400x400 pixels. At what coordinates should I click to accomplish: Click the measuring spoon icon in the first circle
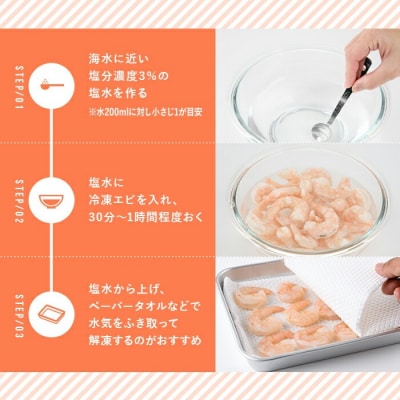click(50, 80)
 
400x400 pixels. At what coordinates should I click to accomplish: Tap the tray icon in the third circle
click(50, 310)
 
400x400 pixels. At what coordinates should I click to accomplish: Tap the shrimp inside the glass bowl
click(305, 205)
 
